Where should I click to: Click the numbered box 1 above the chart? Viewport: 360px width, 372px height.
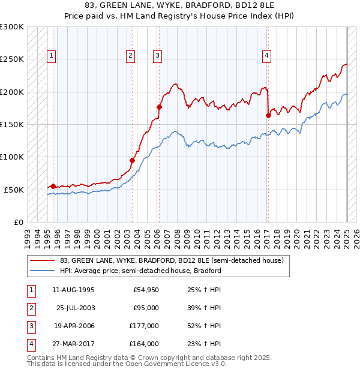[52, 56]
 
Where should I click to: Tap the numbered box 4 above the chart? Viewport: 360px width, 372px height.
[266, 56]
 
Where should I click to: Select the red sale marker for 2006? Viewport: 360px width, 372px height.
[159, 107]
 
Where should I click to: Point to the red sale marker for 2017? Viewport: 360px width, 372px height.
[268, 116]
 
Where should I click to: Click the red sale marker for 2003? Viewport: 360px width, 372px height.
[132, 160]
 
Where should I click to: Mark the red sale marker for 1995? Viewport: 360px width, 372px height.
[53, 187]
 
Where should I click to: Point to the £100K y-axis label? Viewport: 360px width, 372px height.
[12, 157]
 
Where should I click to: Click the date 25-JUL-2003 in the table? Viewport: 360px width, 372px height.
[75, 308]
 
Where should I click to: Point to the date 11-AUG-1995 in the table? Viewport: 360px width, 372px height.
[74, 290]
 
